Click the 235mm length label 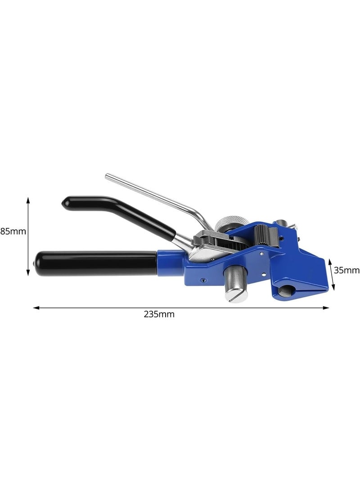coord(159,314)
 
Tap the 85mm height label coord(13,232)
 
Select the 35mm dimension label coord(347,270)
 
